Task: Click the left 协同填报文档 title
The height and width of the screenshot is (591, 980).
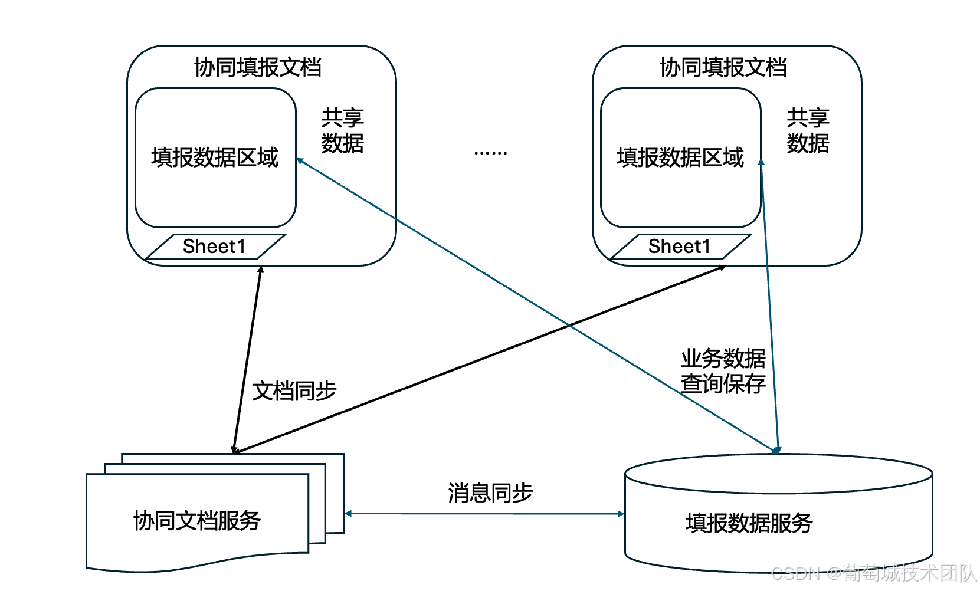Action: click(x=258, y=67)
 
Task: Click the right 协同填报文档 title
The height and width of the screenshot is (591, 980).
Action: click(x=723, y=67)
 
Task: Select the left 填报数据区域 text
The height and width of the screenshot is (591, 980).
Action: click(x=215, y=157)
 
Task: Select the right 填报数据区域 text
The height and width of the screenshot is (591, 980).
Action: click(x=680, y=157)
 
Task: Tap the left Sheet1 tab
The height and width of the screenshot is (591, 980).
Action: click(x=215, y=247)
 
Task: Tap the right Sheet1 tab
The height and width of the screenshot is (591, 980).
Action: click(x=680, y=247)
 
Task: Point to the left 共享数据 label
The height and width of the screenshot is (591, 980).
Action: click(x=342, y=131)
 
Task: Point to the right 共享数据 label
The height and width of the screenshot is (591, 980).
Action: click(x=808, y=131)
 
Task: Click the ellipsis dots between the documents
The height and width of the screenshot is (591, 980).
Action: click(x=490, y=153)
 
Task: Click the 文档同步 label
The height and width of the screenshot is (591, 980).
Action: click(x=294, y=391)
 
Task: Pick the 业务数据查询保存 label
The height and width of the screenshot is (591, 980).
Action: click(x=723, y=371)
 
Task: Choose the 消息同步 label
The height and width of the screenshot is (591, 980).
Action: click(x=490, y=493)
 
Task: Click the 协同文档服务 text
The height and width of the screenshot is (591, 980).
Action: click(x=197, y=521)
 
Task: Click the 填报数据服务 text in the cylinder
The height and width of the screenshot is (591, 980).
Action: click(x=749, y=523)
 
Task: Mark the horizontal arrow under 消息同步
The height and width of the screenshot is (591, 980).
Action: click(x=484, y=514)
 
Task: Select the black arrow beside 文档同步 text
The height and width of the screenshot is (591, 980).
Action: click(x=247, y=360)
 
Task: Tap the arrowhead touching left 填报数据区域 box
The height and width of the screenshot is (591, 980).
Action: click(x=300, y=160)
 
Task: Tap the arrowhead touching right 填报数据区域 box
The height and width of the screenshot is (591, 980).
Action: click(x=761, y=162)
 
